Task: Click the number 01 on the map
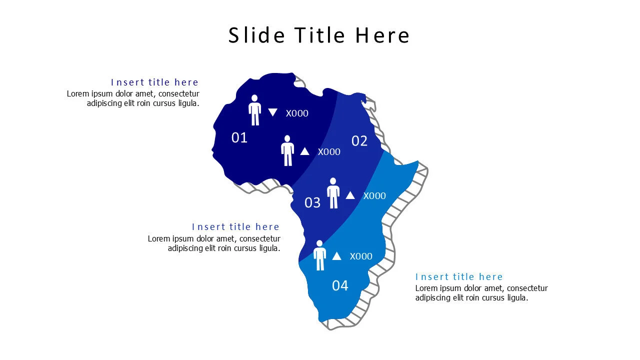click(x=239, y=137)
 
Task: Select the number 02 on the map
click(x=359, y=141)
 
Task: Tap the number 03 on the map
click(x=312, y=202)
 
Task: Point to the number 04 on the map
click(x=340, y=285)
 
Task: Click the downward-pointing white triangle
click(x=272, y=112)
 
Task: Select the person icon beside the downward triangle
click(x=255, y=110)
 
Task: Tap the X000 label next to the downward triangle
click(x=297, y=113)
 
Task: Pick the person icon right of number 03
click(x=333, y=193)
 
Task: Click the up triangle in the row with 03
click(x=350, y=195)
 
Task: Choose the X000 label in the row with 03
click(x=374, y=195)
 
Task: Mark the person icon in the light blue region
click(x=319, y=255)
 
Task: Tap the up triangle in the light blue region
click(x=336, y=256)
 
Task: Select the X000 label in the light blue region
click(x=361, y=256)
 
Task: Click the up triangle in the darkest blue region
click(x=304, y=151)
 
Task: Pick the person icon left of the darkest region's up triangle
click(x=287, y=150)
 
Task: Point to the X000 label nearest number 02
click(x=329, y=152)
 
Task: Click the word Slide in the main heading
click(x=256, y=35)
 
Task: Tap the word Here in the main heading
click(x=382, y=35)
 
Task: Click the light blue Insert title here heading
click(x=459, y=277)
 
